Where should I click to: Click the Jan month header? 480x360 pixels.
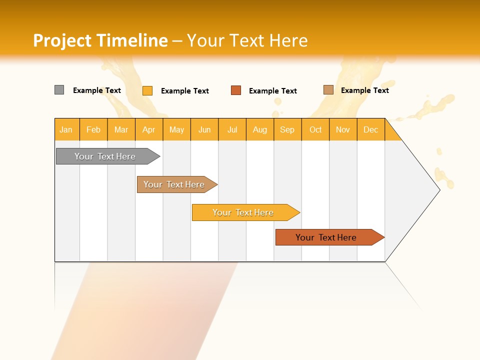point(66,129)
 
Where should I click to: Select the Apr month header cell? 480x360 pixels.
point(149,129)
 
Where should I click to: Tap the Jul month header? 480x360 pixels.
point(232,129)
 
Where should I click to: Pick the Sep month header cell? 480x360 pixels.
point(287,129)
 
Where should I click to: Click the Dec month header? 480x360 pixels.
point(370,129)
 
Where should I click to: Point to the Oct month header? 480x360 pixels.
point(315,129)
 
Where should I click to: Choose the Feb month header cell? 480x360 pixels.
point(93,129)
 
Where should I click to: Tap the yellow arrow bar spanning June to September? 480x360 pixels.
point(244,212)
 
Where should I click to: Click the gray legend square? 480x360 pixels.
point(59,90)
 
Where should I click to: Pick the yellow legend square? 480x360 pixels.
point(147,90)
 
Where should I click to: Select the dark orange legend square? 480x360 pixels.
point(235,90)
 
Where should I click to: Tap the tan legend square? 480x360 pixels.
point(328,90)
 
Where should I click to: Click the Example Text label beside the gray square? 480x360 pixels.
point(97,90)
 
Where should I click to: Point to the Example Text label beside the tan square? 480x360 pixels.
point(365,90)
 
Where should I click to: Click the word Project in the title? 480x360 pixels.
point(63,40)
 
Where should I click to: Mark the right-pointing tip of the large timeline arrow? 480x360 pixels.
point(439,189)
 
